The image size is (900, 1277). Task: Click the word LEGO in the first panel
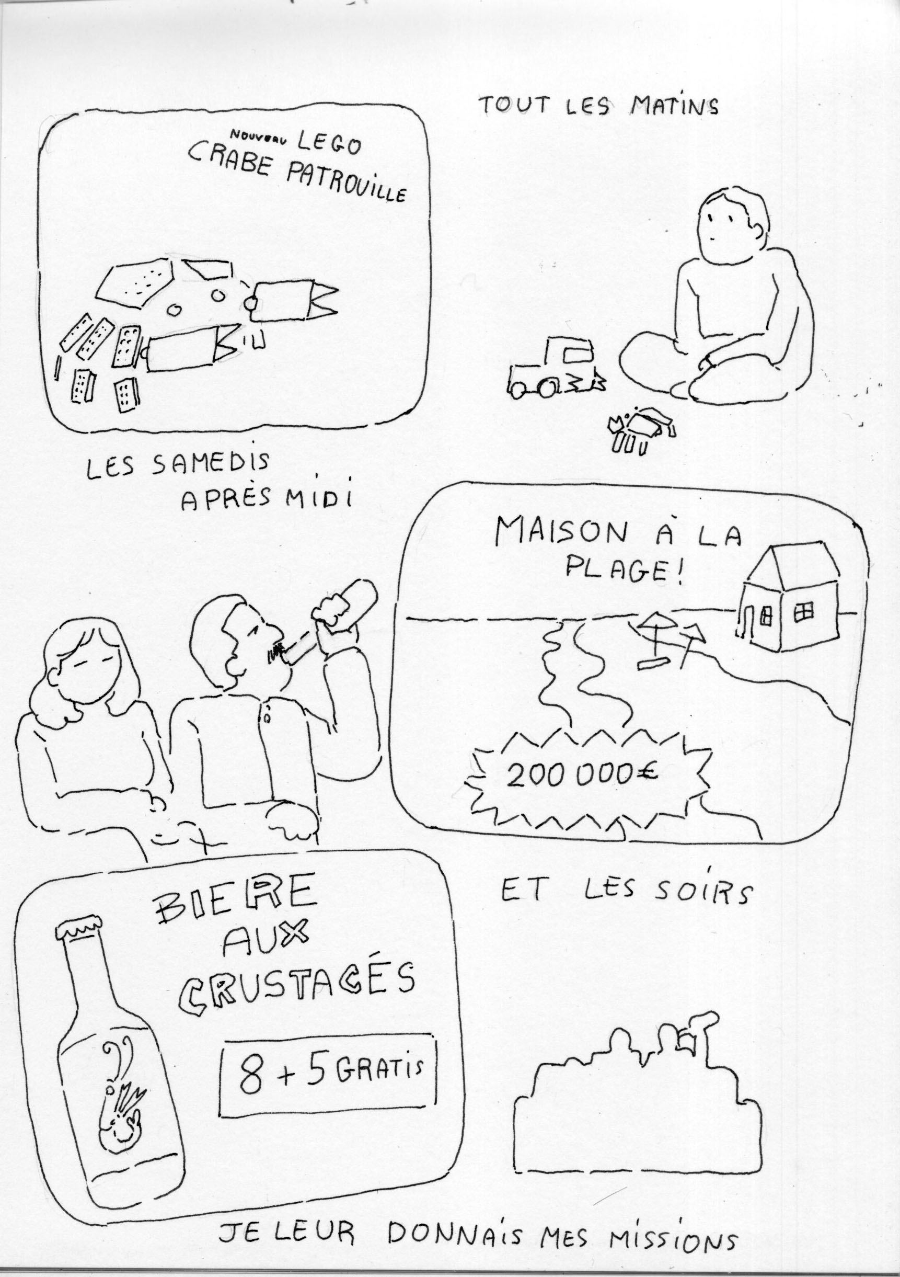coord(329,143)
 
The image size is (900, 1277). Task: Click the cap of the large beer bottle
coord(84,929)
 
